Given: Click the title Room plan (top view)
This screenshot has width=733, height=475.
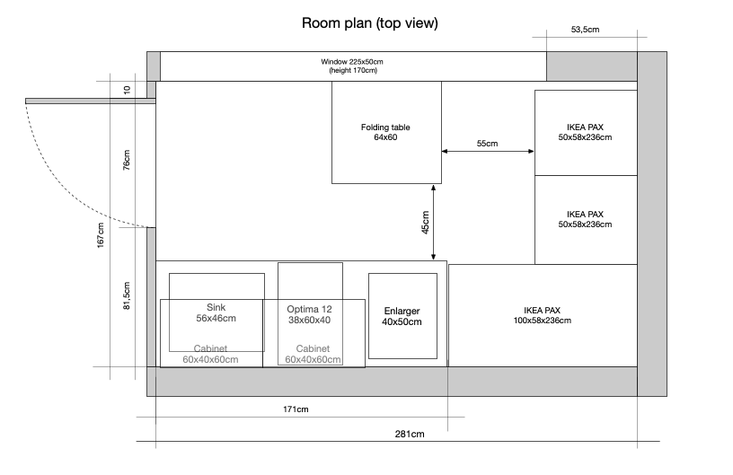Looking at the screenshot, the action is (x=370, y=22).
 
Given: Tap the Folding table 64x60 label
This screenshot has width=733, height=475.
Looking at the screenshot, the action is (x=385, y=132).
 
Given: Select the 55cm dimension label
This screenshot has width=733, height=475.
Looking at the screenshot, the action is (x=487, y=144).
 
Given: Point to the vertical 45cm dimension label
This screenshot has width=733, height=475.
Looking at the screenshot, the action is (x=425, y=223).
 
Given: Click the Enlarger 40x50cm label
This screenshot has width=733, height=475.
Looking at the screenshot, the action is (x=402, y=316).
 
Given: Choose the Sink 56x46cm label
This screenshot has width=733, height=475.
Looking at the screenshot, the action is (x=216, y=313).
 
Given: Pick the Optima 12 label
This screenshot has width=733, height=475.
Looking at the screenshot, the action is (x=310, y=309).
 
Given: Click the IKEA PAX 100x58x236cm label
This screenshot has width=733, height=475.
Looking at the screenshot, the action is (x=543, y=315).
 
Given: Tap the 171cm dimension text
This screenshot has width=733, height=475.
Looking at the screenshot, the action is (x=296, y=409).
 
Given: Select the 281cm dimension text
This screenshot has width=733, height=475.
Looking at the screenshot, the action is (x=410, y=434).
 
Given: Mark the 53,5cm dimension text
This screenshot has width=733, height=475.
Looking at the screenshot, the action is (x=585, y=30).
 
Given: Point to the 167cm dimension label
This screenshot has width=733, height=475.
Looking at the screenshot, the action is (x=101, y=235).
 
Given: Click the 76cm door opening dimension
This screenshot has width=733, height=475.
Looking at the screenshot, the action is (x=127, y=160).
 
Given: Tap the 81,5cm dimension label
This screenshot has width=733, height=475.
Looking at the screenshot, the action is (x=127, y=295).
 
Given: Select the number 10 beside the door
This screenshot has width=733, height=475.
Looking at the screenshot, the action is (x=127, y=90).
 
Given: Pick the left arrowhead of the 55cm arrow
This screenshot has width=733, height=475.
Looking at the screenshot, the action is (x=445, y=152).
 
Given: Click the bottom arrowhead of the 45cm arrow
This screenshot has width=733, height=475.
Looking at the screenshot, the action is (x=433, y=257).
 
